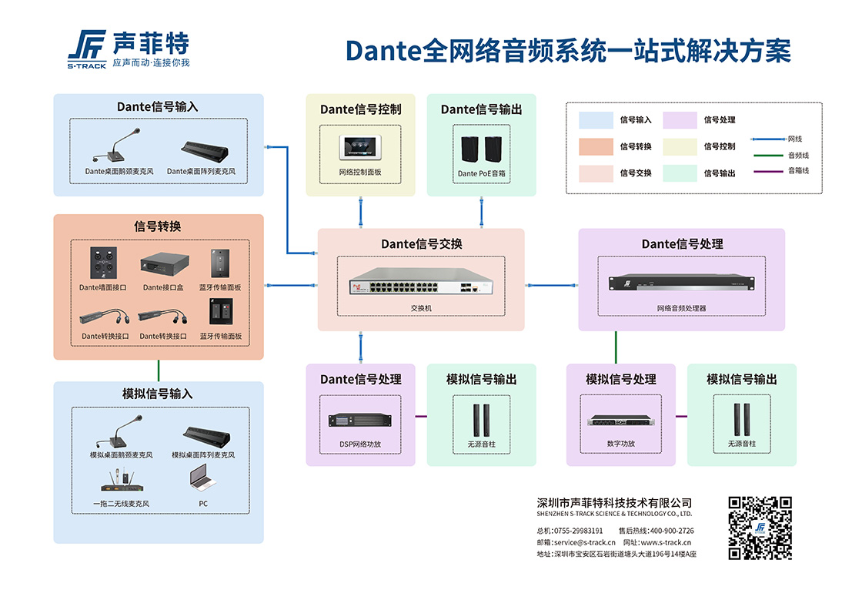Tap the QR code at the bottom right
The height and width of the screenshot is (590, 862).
(x=760, y=528)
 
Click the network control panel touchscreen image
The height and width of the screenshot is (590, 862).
(x=360, y=149)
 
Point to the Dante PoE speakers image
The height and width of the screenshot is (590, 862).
(x=482, y=149)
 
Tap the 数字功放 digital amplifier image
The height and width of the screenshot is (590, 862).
(x=621, y=421)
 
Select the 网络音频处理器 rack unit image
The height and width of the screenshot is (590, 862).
(x=681, y=283)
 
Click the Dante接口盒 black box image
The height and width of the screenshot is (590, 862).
(x=164, y=265)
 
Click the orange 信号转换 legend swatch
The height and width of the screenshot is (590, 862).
(x=595, y=146)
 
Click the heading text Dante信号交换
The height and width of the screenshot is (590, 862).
(x=421, y=244)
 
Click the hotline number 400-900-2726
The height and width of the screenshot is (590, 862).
(x=672, y=531)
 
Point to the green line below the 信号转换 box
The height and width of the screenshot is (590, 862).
(x=158, y=370)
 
